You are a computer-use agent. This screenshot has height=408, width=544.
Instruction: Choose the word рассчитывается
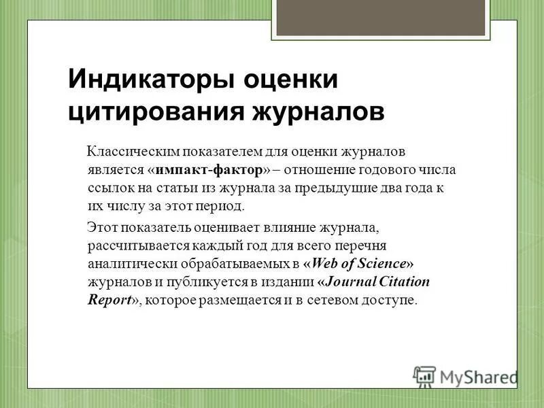coord(133,244)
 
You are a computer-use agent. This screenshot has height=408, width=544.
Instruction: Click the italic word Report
coord(109,299)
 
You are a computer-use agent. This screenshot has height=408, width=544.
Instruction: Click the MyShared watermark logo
coord(465,376)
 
